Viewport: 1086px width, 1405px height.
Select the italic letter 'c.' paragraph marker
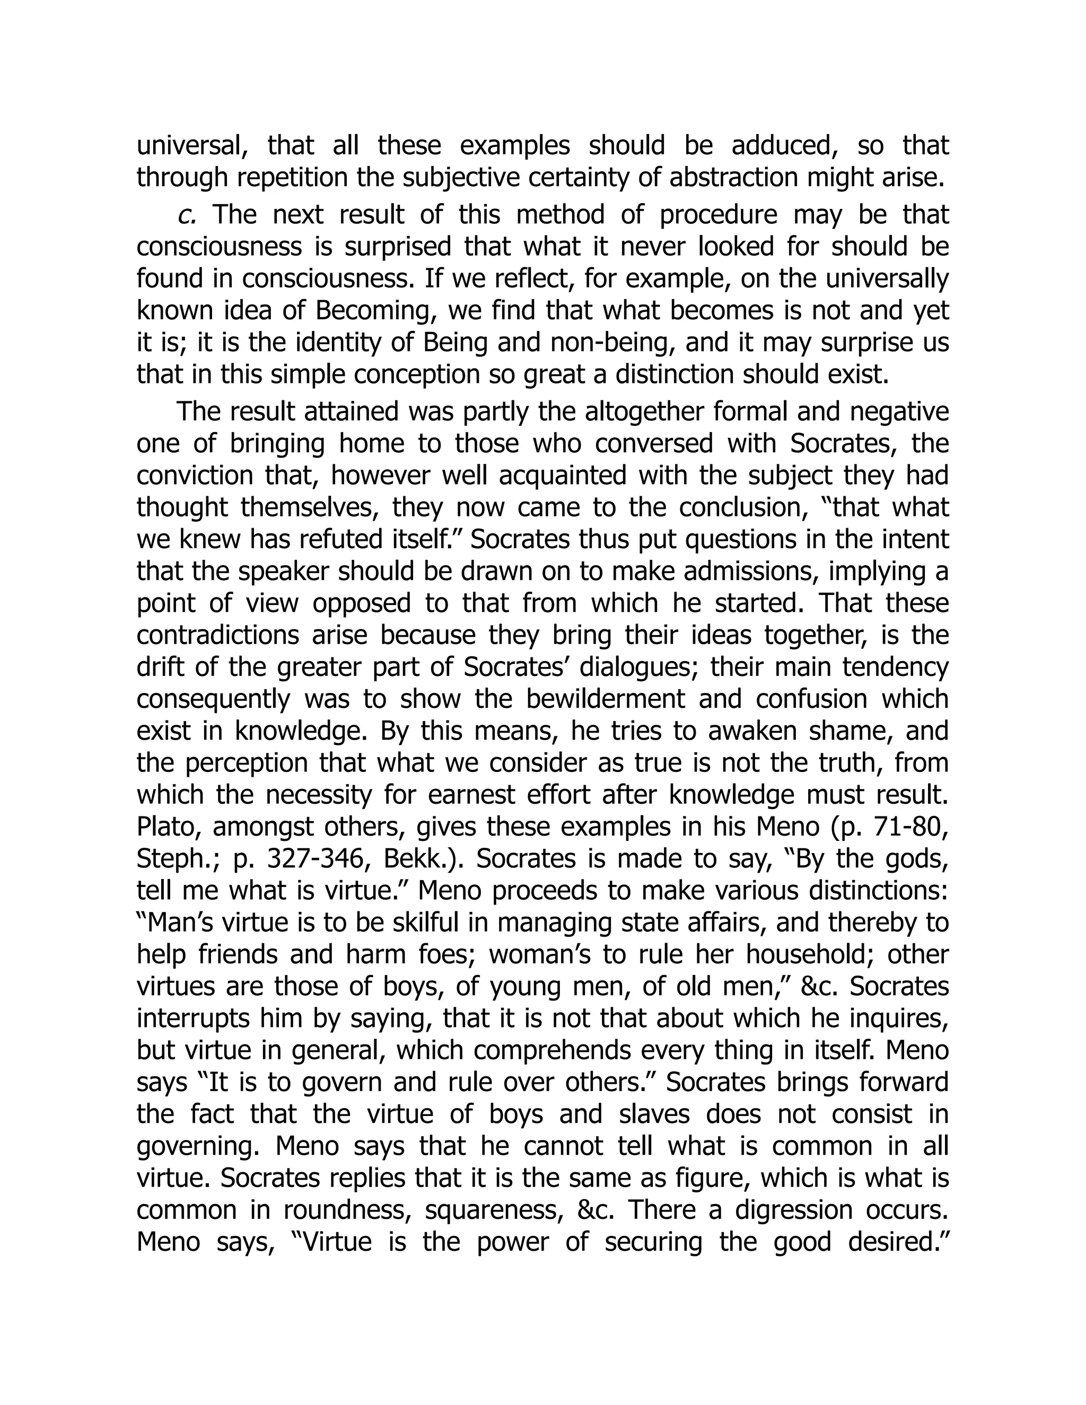pyautogui.click(x=187, y=214)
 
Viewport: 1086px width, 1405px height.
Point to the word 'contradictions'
pyautogui.click(x=218, y=635)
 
